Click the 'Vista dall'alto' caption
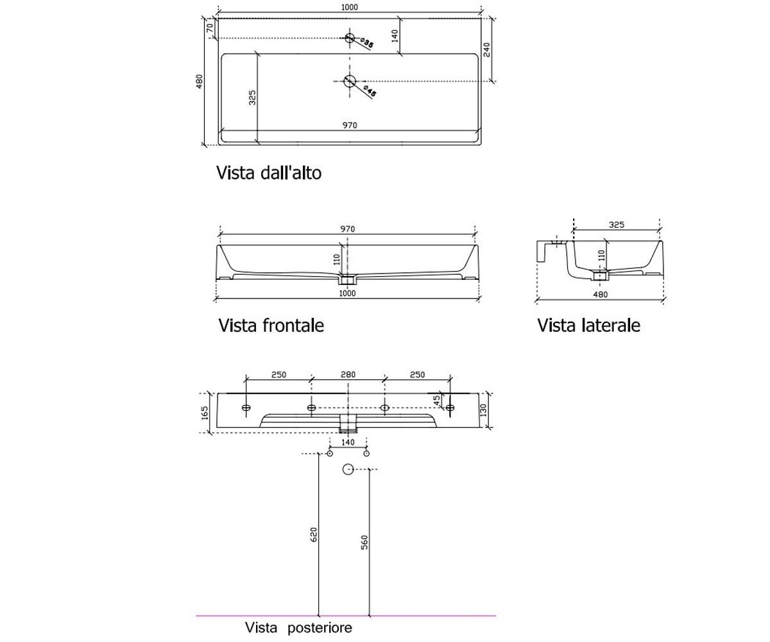pyautogui.click(x=268, y=173)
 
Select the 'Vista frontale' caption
pyautogui.click(x=271, y=325)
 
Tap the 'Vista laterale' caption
pyautogui.click(x=588, y=325)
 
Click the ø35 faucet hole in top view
pyautogui.click(x=350, y=38)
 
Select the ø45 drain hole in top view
pyautogui.click(x=350, y=81)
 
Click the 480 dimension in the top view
pyautogui.click(x=199, y=82)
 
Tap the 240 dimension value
pyautogui.click(x=487, y=50)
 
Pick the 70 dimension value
pyautogui.click(x=210, y=28)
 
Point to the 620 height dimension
pyautogui.click(x=314, y=535)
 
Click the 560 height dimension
pyautogui.click(x=364, y=542)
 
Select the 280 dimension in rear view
pyautogui.click(x=348, y=375)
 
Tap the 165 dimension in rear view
pyautogui.click(x=205, y=413)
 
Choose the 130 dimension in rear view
pyautogui.click(x=483, y=410)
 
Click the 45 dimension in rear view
pyautogui.click(x=436, y=401)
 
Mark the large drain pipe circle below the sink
pyautogui.click(x=348, y=469)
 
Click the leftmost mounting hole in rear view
pyautogui.click(x=246, y=407)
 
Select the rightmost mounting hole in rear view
pyautogui.click(x=450, y=407)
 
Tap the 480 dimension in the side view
pyautogui.click(x=601, y=295)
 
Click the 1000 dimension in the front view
pyautogui.click(x=347, y=293)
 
